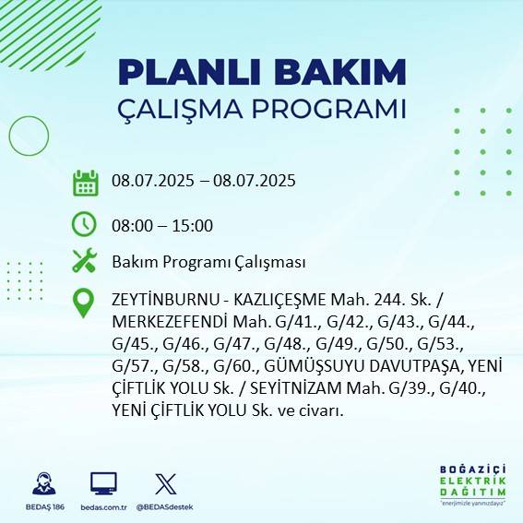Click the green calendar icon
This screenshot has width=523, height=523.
85,182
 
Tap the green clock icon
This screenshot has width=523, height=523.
85,224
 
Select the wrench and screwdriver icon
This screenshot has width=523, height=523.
85,262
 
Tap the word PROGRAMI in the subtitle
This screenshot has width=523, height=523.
337,108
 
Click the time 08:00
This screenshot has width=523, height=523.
131,226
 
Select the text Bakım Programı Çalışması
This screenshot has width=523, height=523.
208,262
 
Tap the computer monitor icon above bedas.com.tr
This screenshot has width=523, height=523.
103,483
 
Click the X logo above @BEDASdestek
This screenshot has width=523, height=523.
165,483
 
